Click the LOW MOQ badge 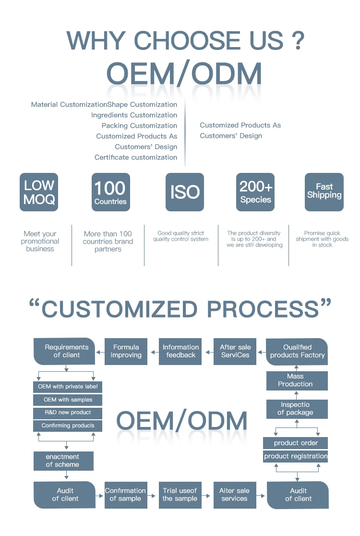[39, 192]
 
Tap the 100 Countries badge [110, 192]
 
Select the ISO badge [185, 192]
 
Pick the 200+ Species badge [255, 192]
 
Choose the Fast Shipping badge [324, 192]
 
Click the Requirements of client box [64, 351]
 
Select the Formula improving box [126, 351]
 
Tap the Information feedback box [180, 351]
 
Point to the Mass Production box [297, 380]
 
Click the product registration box [296, 456]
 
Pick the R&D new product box [68, 413]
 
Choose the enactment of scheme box [63, 461]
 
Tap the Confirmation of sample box [126, 495]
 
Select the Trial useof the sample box [180, 495]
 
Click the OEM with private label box [68, 387]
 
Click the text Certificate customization [136, 158]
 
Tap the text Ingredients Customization [134, 115]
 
